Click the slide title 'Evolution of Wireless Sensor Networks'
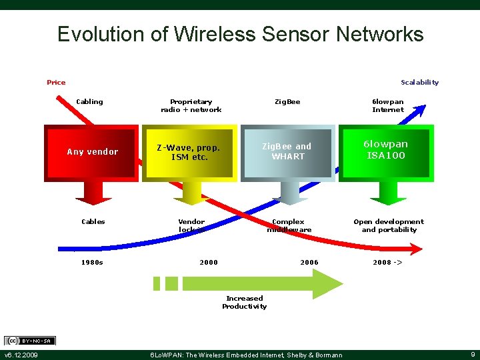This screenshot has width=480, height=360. (240, 34)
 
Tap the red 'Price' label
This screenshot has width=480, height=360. (56, 83)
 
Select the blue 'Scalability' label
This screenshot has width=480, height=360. (419, 83)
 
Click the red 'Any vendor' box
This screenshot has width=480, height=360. (92, 152)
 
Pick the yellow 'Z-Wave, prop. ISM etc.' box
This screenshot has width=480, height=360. (189, 153)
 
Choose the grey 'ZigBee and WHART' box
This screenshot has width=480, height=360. (287, 151)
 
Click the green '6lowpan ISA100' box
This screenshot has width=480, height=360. (386, 151)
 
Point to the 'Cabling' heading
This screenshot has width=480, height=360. (89, 102)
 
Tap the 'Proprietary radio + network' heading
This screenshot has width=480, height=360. (191, 105)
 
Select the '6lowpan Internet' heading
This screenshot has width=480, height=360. (388, 105)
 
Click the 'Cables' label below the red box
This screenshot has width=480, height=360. (93, 222)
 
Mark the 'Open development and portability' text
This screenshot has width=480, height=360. (389, 225)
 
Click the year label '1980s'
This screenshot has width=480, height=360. (92, 263)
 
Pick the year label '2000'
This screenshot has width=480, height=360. (209, 263)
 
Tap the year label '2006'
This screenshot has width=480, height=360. (309, 263)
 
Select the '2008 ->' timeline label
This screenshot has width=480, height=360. (387, 263)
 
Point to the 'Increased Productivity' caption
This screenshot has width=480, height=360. (244, 303)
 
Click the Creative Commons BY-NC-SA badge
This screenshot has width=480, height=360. (29, 341)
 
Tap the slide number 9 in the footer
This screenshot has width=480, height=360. (472, 355)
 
